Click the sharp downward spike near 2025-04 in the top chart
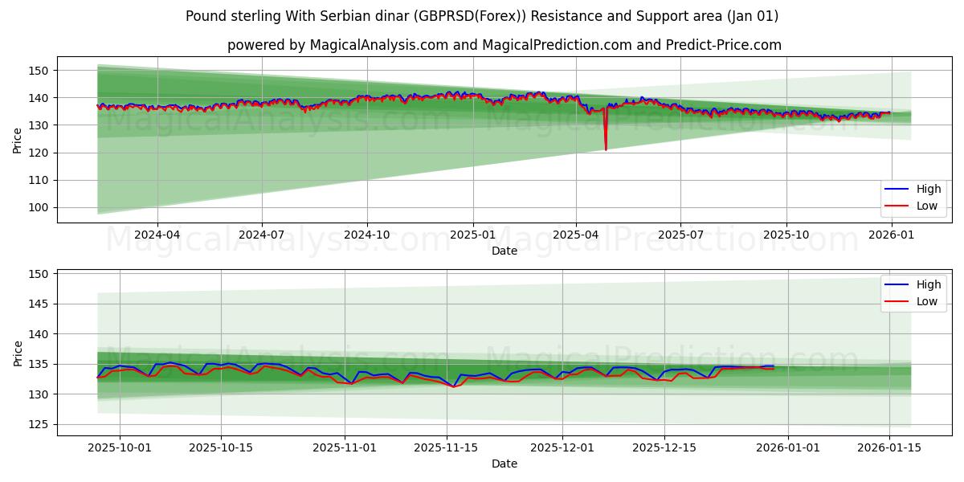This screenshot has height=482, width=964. click(606, 147)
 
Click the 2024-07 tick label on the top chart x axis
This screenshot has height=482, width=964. click(262, 235)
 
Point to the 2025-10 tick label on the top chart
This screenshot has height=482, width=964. click(786, 235)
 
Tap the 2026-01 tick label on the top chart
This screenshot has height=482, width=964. click(891, 235)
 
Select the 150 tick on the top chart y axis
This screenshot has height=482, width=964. click(39, 71)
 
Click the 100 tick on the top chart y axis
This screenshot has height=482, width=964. click(39, 207)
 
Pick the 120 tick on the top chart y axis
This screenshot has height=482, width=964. click(39, 153)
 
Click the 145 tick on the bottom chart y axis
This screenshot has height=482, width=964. click(39, 304)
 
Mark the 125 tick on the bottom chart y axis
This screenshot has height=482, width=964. click(39, 424)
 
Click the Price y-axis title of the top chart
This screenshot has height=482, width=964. click(18, 140)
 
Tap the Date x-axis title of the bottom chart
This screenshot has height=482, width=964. click(504, 464)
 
